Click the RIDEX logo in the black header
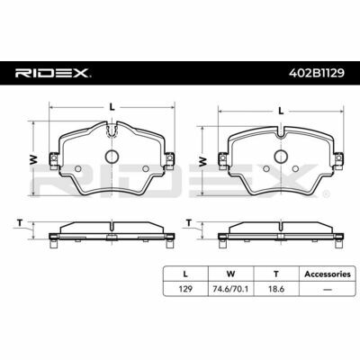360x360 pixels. (51, 73)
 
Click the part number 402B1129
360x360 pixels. (316, 73)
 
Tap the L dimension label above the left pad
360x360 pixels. (112, 107)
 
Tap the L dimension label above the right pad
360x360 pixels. (281, 111)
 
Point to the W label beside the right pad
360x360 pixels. (203, 162)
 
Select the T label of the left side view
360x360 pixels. (20, 223)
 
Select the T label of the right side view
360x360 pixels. (189, 223)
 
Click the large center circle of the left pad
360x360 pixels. (112, 157)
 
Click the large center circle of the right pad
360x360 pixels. (281, 156)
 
